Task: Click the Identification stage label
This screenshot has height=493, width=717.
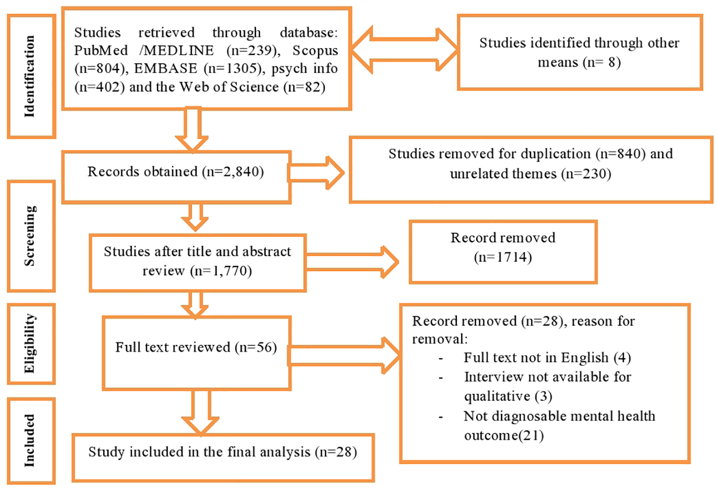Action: pos(30,76)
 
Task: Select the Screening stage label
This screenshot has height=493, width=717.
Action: pos(30,236)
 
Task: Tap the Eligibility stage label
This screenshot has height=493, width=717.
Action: pos(30,344)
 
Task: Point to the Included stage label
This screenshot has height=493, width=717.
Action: pos(30,440)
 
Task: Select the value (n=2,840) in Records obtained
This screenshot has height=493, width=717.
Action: pos(233,172)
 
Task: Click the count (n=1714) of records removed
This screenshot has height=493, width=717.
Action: pos(503,257)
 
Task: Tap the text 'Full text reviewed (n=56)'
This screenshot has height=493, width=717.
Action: pos(196,347)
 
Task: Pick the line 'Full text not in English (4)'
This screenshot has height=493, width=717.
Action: pos(547,358)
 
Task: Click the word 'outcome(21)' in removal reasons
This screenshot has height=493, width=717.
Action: pos(503,435)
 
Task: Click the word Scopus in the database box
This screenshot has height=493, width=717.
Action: pos(315,51)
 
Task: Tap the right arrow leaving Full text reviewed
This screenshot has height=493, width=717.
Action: pos(344,355)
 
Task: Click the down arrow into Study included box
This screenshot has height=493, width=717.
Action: pos(200,413)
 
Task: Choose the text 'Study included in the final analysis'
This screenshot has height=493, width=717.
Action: pos(199,451)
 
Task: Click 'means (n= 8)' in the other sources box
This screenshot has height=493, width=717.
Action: pos(579,62)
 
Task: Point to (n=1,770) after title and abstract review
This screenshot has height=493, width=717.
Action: pos(221,271)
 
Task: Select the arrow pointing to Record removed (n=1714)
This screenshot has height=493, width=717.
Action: pos(352,262)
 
